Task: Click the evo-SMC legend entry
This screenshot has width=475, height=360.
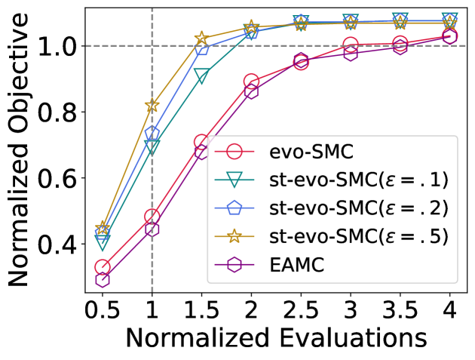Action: pyautogui.click(x=302, y=150)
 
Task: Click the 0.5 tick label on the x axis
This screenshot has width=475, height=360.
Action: pyautogui.click(x=103, y=309)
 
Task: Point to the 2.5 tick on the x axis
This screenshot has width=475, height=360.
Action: pyautogui.click(x=301, y=309)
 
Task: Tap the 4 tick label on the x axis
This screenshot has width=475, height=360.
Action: pyautogui.click(x=450, y=309)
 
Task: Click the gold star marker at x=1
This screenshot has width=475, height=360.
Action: pyautogui.click(x=152, y=106)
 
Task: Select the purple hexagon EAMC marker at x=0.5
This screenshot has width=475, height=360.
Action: pyautogui.click(x=103, y=280)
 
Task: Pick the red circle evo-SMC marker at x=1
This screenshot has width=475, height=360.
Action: pyautogui.click(x=152, y=217)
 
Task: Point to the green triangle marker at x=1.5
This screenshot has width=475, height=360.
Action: pyautogui.click(x=202, y=75)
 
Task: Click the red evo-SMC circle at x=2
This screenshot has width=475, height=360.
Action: pyautogui.click(x=252, y=82)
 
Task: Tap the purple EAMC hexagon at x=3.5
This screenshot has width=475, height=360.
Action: pyautogui.click(x=400, y=47)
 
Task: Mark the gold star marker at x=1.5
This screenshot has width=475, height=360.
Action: pyautogui.click(x=202, y=38)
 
